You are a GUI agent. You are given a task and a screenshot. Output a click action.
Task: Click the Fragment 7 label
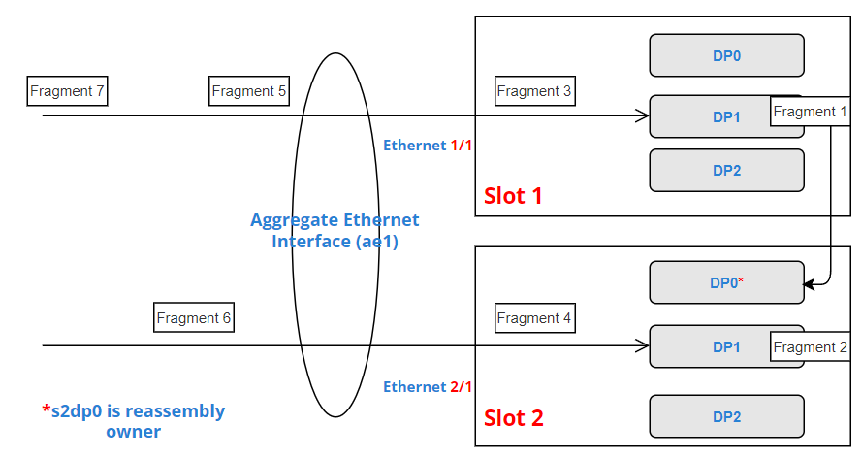click(x=67, y=92)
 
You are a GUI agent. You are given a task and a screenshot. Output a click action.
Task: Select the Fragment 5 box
click(x=249, y=92)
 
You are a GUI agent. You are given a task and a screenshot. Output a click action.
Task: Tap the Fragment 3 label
click(x=534, y=92)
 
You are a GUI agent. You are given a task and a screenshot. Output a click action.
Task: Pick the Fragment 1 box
click(x=811, y=112)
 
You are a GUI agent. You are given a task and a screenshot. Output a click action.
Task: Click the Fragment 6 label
click(x=194, y=318)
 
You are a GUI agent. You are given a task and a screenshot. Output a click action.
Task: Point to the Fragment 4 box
click(x=534, y=318)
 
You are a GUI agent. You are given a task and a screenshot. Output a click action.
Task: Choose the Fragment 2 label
click(x=811, y=347)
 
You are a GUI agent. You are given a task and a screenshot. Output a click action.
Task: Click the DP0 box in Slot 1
click(x=726, y=56)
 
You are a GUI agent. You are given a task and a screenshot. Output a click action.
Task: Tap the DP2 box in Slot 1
click(x=726, y=170)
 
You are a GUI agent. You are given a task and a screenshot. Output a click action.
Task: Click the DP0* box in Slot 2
click(x=726, y=282)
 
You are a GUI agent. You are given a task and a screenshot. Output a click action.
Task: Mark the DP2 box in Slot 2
click(x=726, y=416)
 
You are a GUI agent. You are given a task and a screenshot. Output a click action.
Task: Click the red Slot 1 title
click(x=513, y=196)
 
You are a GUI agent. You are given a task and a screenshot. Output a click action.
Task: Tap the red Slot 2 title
click(x=513, y=418)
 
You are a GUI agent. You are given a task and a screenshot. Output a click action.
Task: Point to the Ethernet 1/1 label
click(x=428, y=146)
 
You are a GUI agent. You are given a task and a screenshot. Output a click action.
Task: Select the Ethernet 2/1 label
click(x=428, y=387)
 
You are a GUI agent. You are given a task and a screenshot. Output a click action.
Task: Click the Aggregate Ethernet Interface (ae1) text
click(x=335, y=231)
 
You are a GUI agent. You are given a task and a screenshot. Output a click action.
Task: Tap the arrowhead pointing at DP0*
click(x=810, y=285)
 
